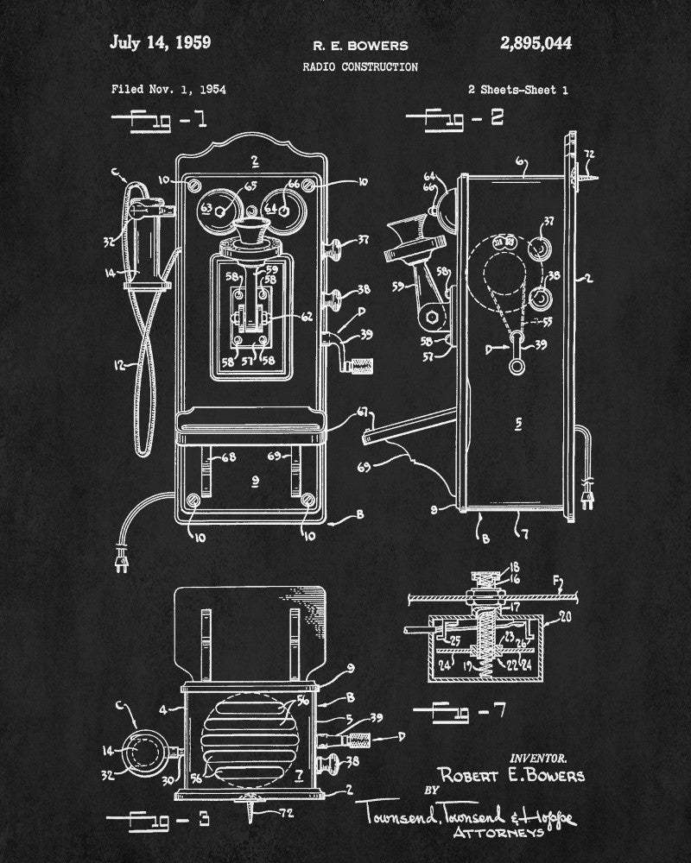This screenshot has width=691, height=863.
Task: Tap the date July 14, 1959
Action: click(x=161, y=42)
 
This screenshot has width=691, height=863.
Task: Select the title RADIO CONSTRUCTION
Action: click(x=360, y=66)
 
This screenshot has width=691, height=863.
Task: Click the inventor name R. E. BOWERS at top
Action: click(x=361, y=45)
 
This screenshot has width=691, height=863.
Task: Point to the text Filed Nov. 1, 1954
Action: click(x=169, y=89)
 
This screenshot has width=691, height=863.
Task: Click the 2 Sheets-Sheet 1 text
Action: click(x=517, y=89)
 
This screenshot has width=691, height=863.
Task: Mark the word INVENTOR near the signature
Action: click(x=539, y=757)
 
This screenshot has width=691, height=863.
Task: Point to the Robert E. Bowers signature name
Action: click(x=511, y=775)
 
